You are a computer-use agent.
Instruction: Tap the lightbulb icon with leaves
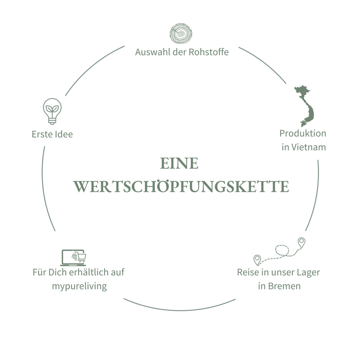click(52, 111)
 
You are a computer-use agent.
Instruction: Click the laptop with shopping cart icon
click(73, 258)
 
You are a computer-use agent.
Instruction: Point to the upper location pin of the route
click(301, 242)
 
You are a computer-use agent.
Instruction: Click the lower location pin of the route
click(257, 259)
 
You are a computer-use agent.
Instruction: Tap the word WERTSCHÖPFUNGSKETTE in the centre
click(181, 186)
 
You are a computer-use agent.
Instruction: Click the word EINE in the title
click(179, 164)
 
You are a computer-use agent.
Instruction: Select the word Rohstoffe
click(209, 52)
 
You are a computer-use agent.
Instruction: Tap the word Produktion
click(303, 134)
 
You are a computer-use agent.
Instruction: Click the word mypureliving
click(78, 286)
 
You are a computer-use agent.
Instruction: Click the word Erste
click(41, 135)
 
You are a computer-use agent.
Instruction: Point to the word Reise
click(248, 273)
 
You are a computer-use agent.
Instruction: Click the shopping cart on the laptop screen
click(81, 257)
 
